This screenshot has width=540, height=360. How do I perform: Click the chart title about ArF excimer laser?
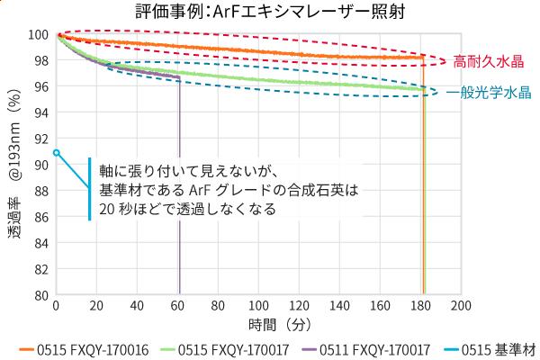[269, 12]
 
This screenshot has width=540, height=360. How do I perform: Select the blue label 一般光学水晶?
[488, 93]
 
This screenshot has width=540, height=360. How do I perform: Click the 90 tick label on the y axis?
[40, 165]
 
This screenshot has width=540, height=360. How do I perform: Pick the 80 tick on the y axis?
[40, 294]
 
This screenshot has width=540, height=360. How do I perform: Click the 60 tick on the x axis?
[177, 306]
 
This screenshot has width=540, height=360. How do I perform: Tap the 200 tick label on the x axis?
[461, 306]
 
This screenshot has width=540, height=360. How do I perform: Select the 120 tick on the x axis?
[299, 306]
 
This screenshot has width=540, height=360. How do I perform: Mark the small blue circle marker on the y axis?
[56, 153]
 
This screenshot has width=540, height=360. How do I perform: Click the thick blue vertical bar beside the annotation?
[90, 188]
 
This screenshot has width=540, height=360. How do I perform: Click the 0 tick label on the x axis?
[56, 306]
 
